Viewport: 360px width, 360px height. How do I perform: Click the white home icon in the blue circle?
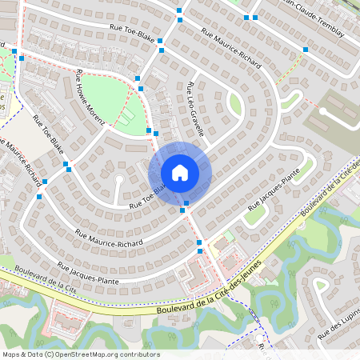[180, 173]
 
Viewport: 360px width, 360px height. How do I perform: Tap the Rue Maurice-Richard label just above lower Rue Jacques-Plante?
[109, 238]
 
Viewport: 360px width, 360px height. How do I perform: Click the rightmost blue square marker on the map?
[305, 50]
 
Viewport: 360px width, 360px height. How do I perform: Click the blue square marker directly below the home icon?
[186, 205]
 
